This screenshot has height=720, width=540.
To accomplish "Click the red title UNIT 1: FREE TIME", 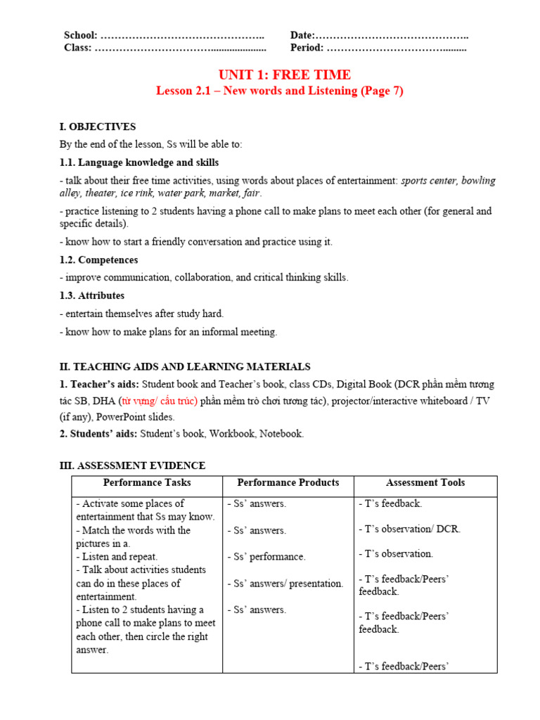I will tap(284, 75).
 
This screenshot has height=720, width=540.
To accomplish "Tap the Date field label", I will tap(302, 36).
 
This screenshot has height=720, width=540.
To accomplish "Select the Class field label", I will tap(77, 49).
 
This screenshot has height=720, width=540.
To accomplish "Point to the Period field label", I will tap(307, 49).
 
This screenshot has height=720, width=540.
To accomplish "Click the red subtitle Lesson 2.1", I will tap(279, 91).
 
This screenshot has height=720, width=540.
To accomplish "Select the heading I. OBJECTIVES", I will tap(98, 127).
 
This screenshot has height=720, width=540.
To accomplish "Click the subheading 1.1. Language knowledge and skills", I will tap(139, 162).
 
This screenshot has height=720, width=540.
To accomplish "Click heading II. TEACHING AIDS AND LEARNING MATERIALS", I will tap(185, 367).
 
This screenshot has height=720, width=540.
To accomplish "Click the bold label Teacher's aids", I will tap(100, 385).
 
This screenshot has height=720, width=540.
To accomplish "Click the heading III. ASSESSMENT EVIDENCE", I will tap(132, 466).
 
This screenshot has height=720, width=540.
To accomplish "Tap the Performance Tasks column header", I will tap(147, 483).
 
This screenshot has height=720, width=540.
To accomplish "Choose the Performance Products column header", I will tap(288, 483).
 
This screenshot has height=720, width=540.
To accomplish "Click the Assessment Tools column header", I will tap(425, 483).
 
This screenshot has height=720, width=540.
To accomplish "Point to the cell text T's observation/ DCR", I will tap(410, 529).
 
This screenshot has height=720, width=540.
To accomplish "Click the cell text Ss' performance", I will tap(266, 557).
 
